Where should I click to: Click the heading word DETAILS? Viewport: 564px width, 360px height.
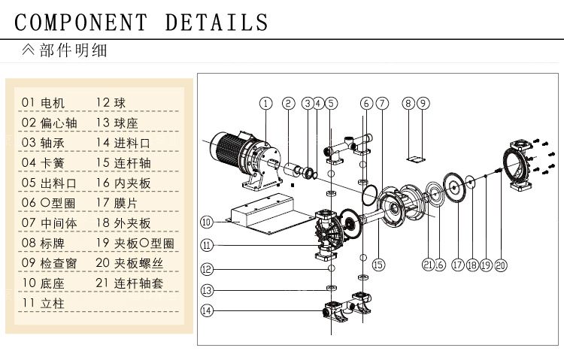tap(217, 22)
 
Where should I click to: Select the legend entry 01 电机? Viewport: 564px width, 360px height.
tap(44, 102)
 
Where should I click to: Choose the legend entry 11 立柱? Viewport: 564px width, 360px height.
tap(44, 303)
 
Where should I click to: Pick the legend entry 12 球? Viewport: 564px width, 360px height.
tap(110, 102)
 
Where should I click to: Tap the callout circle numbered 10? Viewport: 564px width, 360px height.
tap(207, 221)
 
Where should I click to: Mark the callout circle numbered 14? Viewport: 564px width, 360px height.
tap(207, 310)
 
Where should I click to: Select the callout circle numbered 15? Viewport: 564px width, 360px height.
tap(378, 265)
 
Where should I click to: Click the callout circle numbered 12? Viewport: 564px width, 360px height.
tap(207, 268)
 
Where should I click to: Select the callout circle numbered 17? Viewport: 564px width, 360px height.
tap(457, 265)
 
